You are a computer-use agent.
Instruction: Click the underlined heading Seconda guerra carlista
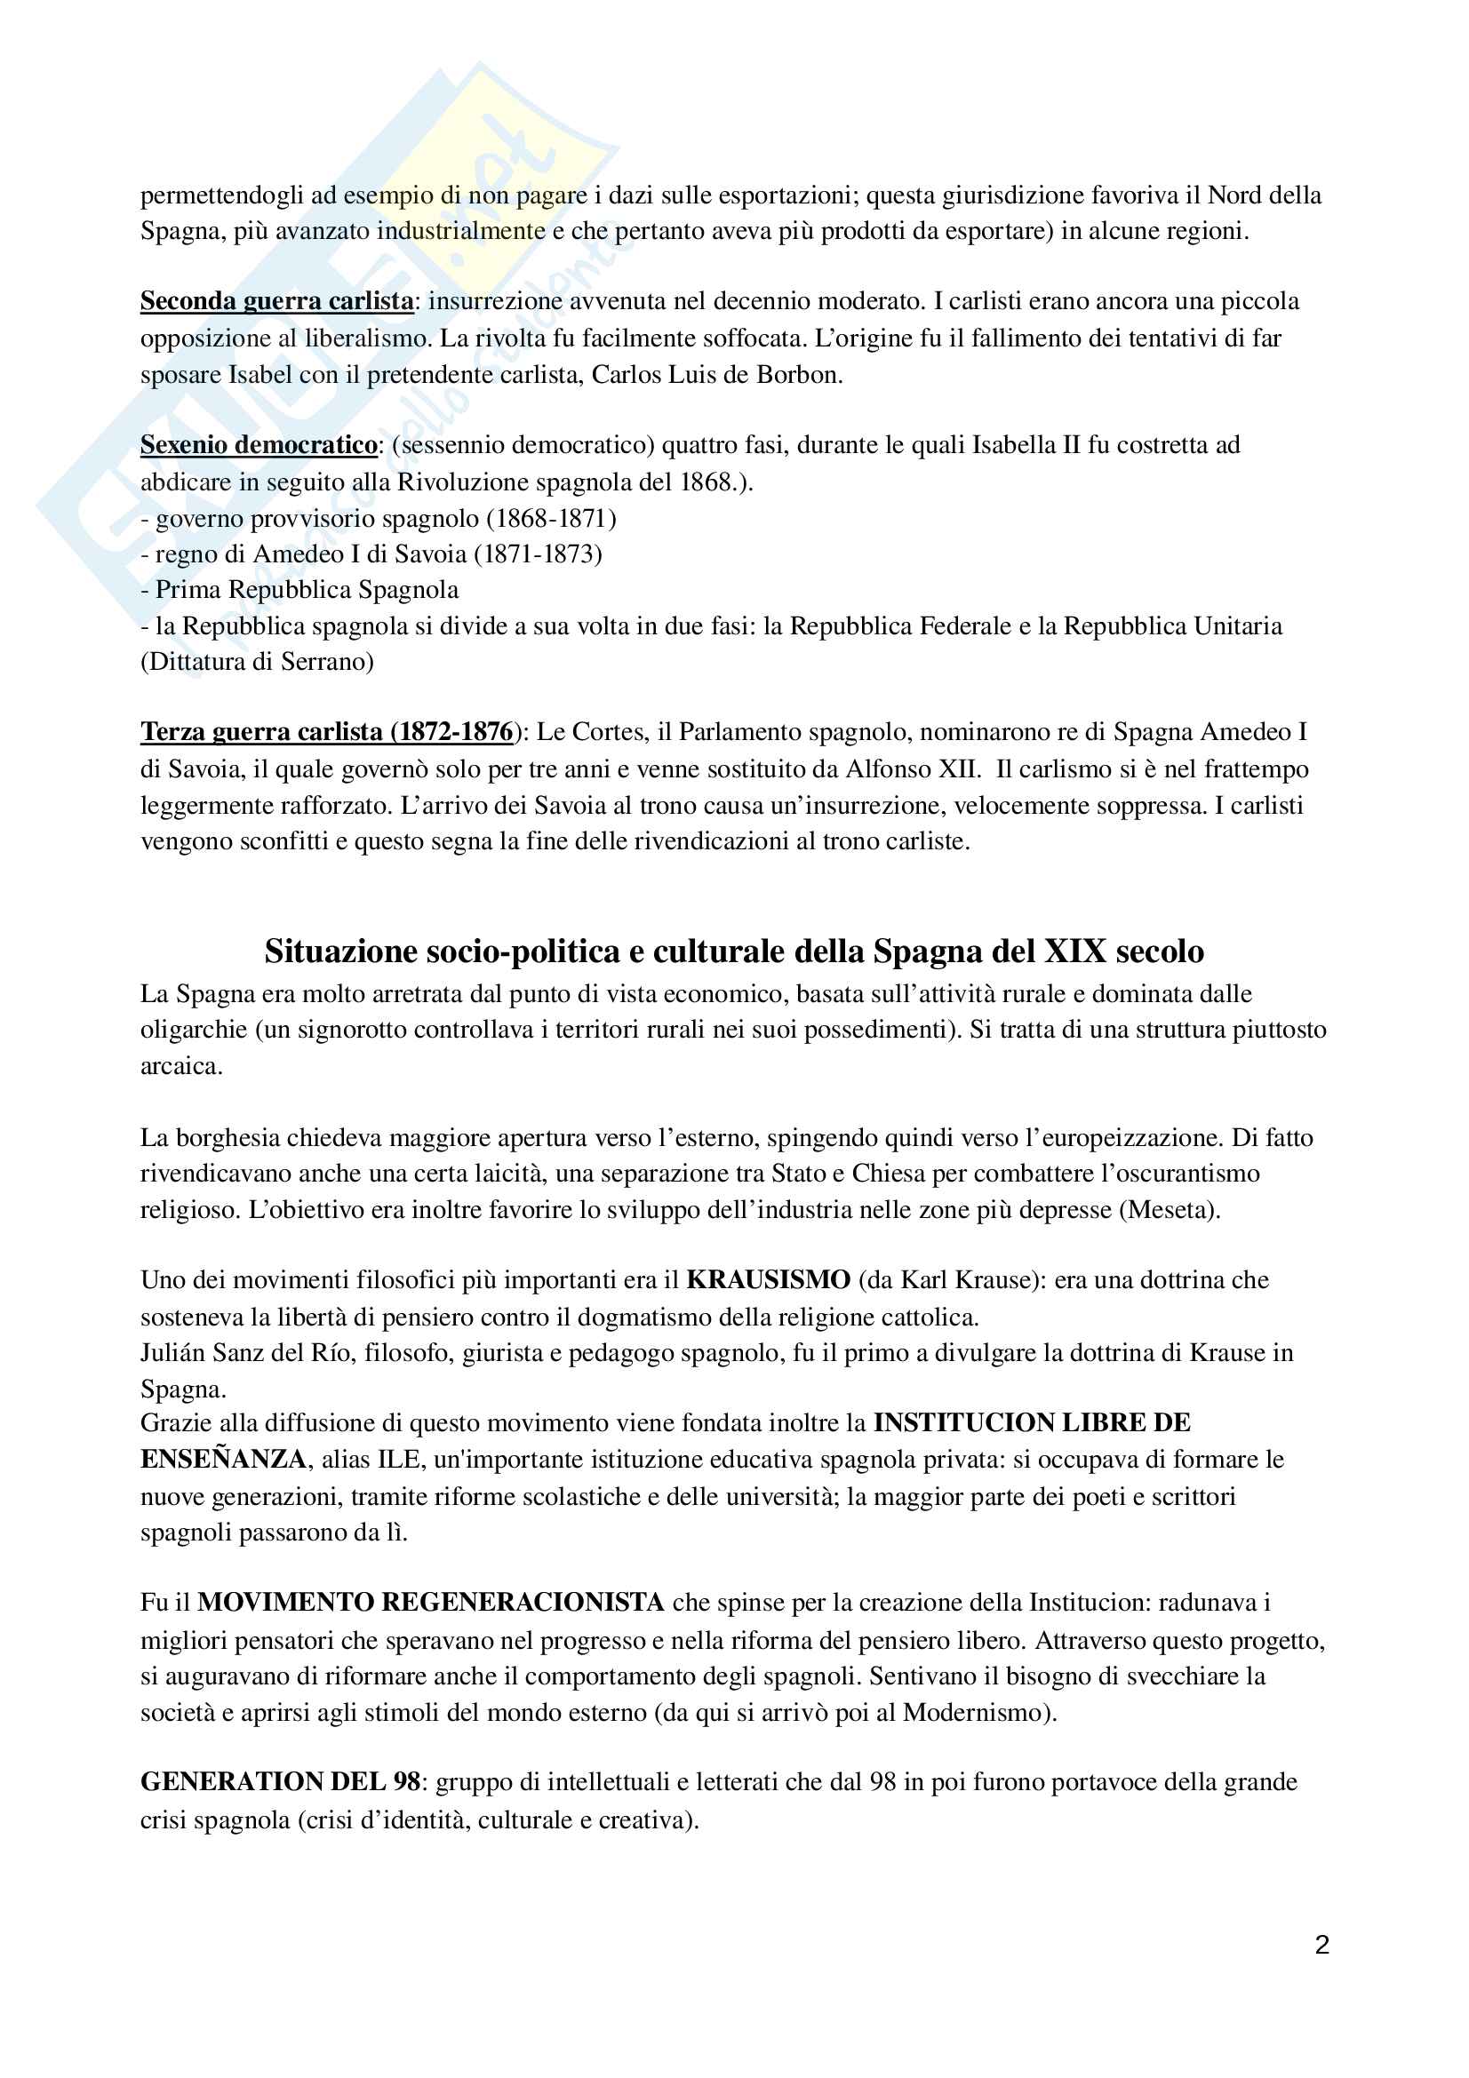pos(277,300)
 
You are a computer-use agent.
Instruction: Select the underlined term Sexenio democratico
pos(259,444)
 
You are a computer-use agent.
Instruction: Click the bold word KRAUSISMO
pos(769,1279)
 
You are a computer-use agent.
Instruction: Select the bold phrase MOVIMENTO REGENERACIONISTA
pos(431,1602)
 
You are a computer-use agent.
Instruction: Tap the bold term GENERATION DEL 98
pos(280,1781)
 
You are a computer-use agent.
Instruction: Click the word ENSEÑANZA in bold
pos(223,1459)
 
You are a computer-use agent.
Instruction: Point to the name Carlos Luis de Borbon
pos(715,375)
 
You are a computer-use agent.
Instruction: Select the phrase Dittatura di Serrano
pos(257,662)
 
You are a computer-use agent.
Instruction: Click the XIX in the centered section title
pos(1075,951)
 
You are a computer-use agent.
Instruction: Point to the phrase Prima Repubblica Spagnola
pos(307,590)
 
